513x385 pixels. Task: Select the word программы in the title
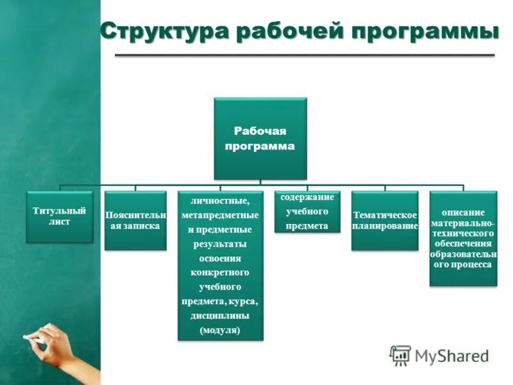425,31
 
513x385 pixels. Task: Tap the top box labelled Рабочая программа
260,139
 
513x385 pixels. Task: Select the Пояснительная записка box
135,221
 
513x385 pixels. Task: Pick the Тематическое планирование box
385,220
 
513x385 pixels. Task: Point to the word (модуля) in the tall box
220,330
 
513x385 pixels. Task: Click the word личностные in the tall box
220,200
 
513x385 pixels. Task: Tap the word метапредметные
220,215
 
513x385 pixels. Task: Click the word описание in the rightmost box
462,212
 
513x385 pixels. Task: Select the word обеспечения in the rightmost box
462,243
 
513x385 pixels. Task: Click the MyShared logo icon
401,355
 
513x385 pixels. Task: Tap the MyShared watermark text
451,355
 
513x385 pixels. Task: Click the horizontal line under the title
304,56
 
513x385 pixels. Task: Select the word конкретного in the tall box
220,273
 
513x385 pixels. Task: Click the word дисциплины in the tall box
220,316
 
